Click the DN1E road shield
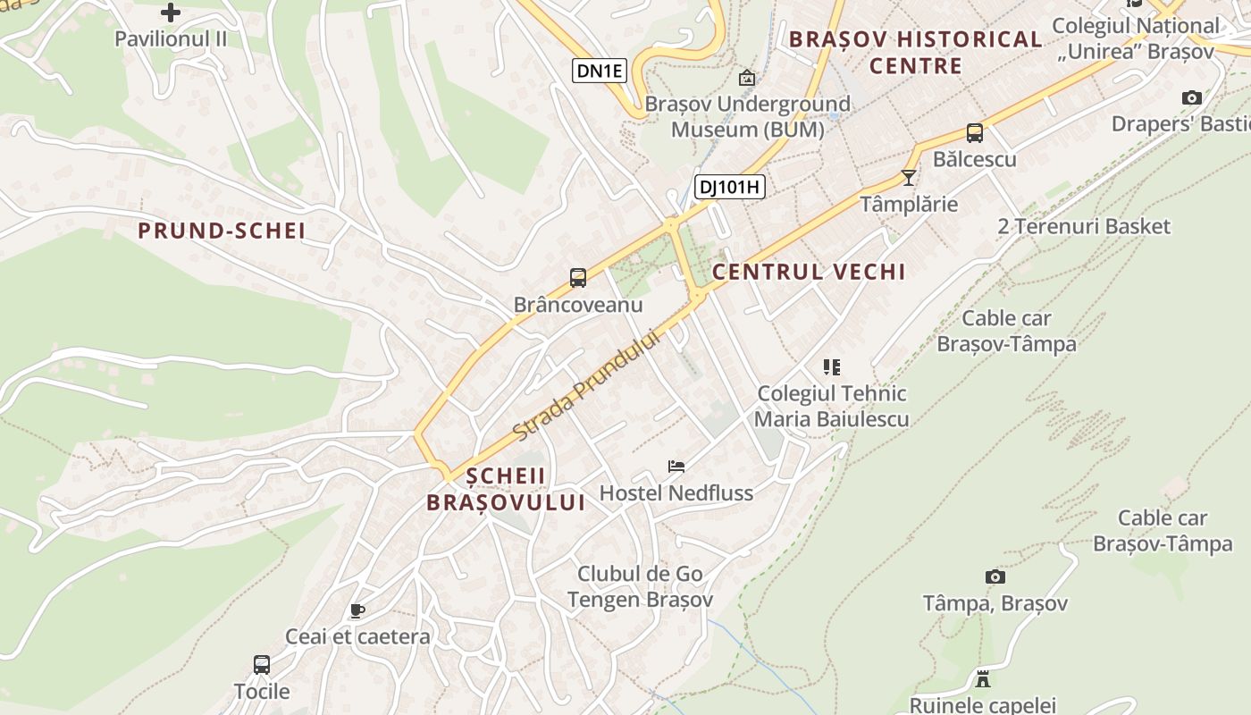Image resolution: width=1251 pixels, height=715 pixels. (599, 71)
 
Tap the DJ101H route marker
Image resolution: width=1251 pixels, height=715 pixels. (730, 187)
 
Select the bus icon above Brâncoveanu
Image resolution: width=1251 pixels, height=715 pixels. (578, 278)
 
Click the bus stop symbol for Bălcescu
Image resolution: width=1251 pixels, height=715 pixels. (974, 133)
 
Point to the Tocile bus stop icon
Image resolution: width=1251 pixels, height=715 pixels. (261, 665)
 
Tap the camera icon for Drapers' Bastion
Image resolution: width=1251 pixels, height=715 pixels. (1191, 97)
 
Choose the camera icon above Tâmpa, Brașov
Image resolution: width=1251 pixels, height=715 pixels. (995, 576)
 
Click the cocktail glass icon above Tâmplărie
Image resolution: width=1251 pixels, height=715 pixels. (909, 177)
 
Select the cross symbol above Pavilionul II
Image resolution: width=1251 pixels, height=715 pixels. (170, 13)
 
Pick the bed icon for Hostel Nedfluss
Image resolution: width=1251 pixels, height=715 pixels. (676, 466)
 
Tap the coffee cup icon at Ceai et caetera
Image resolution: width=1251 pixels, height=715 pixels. (357, 610)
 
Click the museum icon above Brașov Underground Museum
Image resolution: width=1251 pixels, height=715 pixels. (746, 78)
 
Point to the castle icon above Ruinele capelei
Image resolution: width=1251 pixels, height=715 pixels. (983, 678)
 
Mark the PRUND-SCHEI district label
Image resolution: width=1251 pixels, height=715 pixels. (222, 231)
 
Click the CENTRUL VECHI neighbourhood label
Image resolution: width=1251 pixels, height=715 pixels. (809, 272)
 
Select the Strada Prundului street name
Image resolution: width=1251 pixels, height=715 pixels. (586, 385)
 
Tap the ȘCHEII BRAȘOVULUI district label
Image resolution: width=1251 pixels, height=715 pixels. (506, 489)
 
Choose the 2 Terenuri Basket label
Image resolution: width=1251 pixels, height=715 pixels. (1083, 226)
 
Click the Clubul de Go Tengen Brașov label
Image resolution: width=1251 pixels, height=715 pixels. (640, 586)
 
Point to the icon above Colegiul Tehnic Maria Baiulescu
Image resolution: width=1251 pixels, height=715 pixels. (832, 366)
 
